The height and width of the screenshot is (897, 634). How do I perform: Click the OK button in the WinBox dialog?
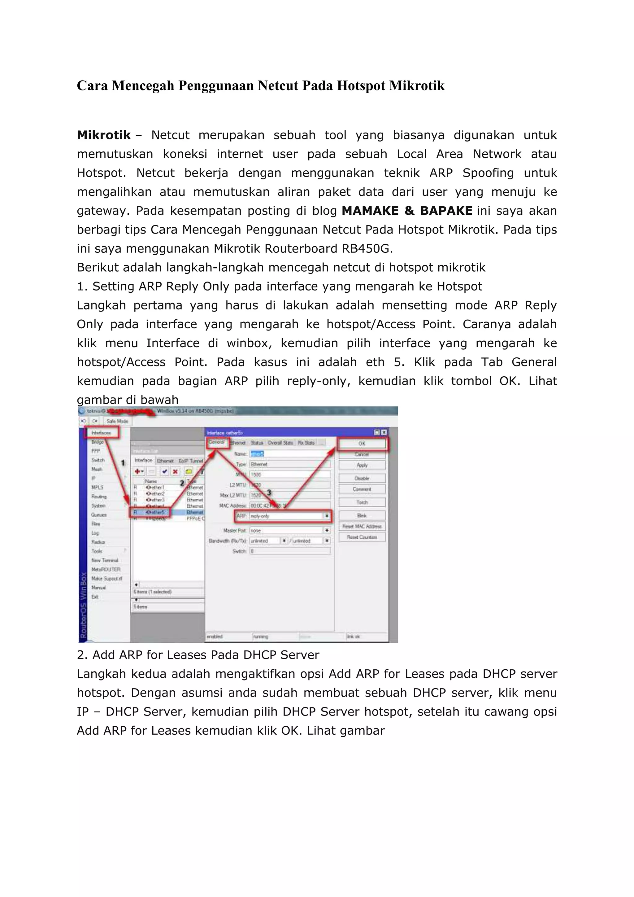(x=362, y=444)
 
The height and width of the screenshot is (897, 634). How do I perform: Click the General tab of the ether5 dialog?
(x=217, y=442)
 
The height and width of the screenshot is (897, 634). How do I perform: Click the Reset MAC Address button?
(x=362, y=526)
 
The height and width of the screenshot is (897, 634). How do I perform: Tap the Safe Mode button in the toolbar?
(x=117, y=421)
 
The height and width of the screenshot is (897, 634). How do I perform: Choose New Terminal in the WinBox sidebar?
(x=105, y=560)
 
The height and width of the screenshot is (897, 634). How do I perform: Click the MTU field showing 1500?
(x=289, y=474)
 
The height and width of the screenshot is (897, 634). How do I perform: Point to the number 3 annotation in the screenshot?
(x=269, y=493)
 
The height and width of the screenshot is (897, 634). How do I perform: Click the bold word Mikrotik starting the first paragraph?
(x=103, y=135)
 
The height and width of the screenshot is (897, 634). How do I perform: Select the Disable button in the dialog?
(x=362, y=478)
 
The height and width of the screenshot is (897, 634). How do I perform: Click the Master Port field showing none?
(x=287, y=531)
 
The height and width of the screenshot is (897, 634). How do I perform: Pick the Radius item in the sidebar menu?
(x=98, y=542)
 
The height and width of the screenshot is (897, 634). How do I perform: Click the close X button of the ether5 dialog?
(x=384, y=432)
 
